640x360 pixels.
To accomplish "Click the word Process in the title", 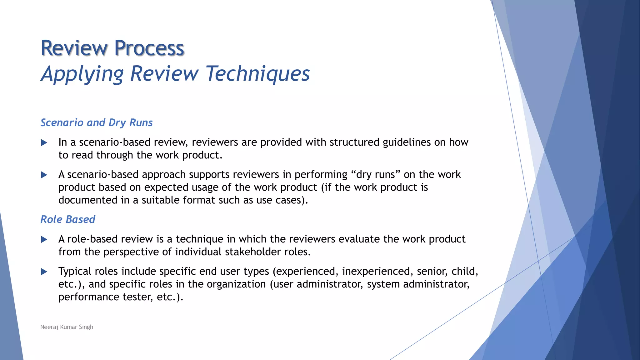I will coord(149,48).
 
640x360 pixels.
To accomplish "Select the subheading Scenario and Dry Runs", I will coord(97,122).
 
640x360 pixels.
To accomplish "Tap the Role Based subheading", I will coord(68,219).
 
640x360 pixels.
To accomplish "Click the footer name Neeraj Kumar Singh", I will coord(67,327).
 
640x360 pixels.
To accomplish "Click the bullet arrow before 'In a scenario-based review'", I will coord(44,143).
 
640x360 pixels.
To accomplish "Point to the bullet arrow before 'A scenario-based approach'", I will coord(44,175).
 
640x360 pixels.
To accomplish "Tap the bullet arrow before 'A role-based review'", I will coord(44,240).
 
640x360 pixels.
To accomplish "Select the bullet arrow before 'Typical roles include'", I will coord(44,272).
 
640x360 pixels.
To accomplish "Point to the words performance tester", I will coord(106,297).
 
